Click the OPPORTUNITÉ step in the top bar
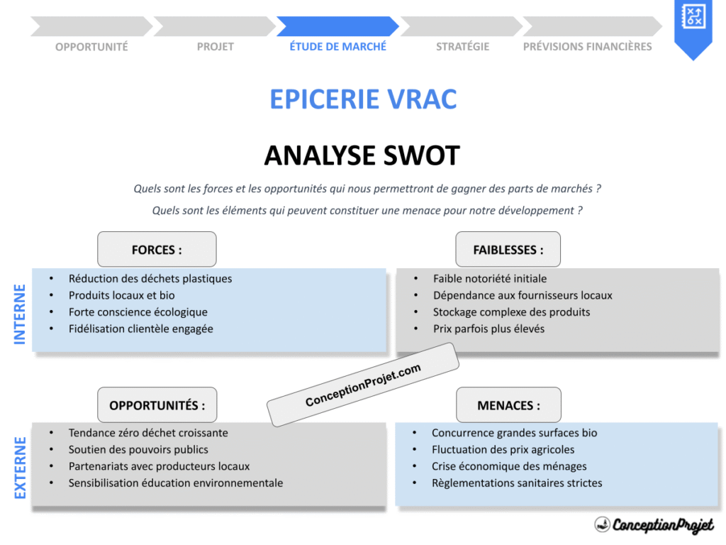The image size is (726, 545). point(91,47)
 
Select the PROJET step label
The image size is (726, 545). point(215,47)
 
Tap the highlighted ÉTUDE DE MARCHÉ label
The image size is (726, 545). point(338,47)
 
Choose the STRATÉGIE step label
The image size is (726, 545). point(462,47)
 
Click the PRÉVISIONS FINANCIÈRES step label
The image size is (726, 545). point(587,47)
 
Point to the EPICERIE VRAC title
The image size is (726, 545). point(363,99)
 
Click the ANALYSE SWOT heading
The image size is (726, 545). point(362,155)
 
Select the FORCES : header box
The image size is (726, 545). point(157,250)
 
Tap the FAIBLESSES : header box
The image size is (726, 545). point(508,250)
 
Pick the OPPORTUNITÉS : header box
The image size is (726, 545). point(157,405)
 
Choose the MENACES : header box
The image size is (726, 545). point(508,405)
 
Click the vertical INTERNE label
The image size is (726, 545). point(20,314)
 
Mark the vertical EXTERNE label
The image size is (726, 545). point(20,467)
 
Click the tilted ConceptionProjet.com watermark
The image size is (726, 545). point(363,385)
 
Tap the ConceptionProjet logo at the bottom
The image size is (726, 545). point(654,525)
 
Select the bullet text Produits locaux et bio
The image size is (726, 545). point(121,295)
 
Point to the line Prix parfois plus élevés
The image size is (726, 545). point(488,329)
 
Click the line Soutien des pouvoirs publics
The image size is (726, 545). point(138,449)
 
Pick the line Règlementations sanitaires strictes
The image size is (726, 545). point(517,483)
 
